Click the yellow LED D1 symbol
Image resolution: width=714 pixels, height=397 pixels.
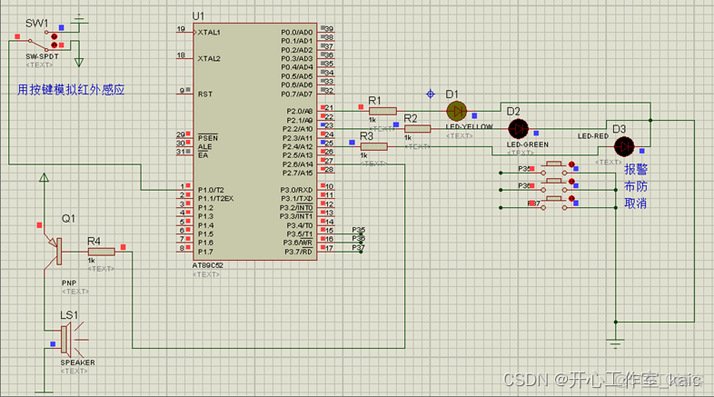456,111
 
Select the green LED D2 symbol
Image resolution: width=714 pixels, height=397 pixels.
517,128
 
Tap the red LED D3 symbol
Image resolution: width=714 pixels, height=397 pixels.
623,145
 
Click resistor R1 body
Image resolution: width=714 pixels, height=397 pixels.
382,110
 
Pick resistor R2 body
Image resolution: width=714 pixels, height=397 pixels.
419,128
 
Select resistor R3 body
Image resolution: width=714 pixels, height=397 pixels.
373,146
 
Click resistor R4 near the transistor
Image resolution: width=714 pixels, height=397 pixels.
100,251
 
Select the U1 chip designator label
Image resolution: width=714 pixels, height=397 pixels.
199,16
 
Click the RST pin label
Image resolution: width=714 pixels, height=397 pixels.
205,93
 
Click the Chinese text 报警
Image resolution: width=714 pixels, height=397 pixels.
636,170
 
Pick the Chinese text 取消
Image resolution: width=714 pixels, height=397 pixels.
636,203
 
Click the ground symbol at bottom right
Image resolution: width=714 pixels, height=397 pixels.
616,341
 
